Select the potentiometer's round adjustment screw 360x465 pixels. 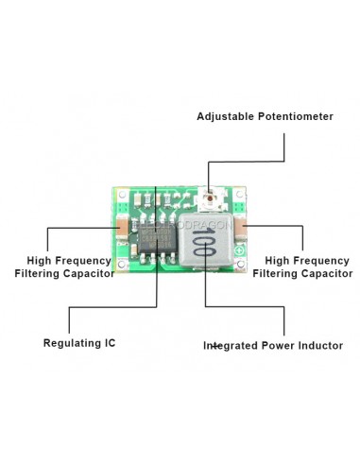211,199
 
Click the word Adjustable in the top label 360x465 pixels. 225,117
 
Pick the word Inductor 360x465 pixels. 317,346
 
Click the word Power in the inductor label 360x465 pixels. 278,346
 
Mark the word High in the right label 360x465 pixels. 278,260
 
